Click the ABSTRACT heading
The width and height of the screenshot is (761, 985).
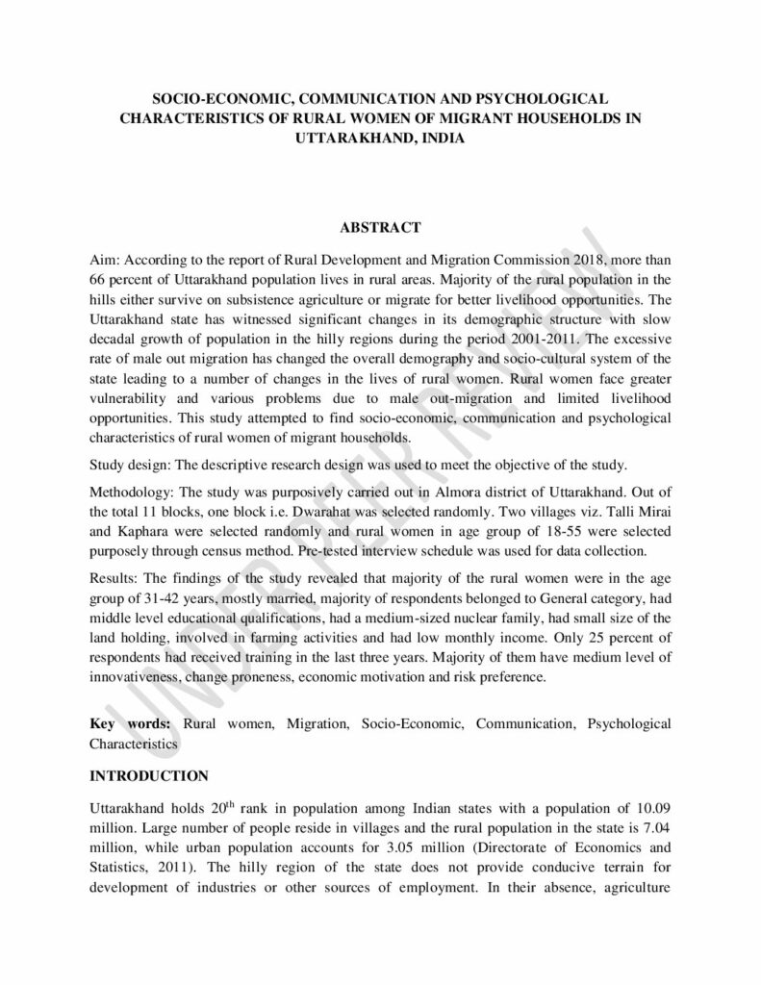(380, 227)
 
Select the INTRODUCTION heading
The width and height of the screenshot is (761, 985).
(148, 773)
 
